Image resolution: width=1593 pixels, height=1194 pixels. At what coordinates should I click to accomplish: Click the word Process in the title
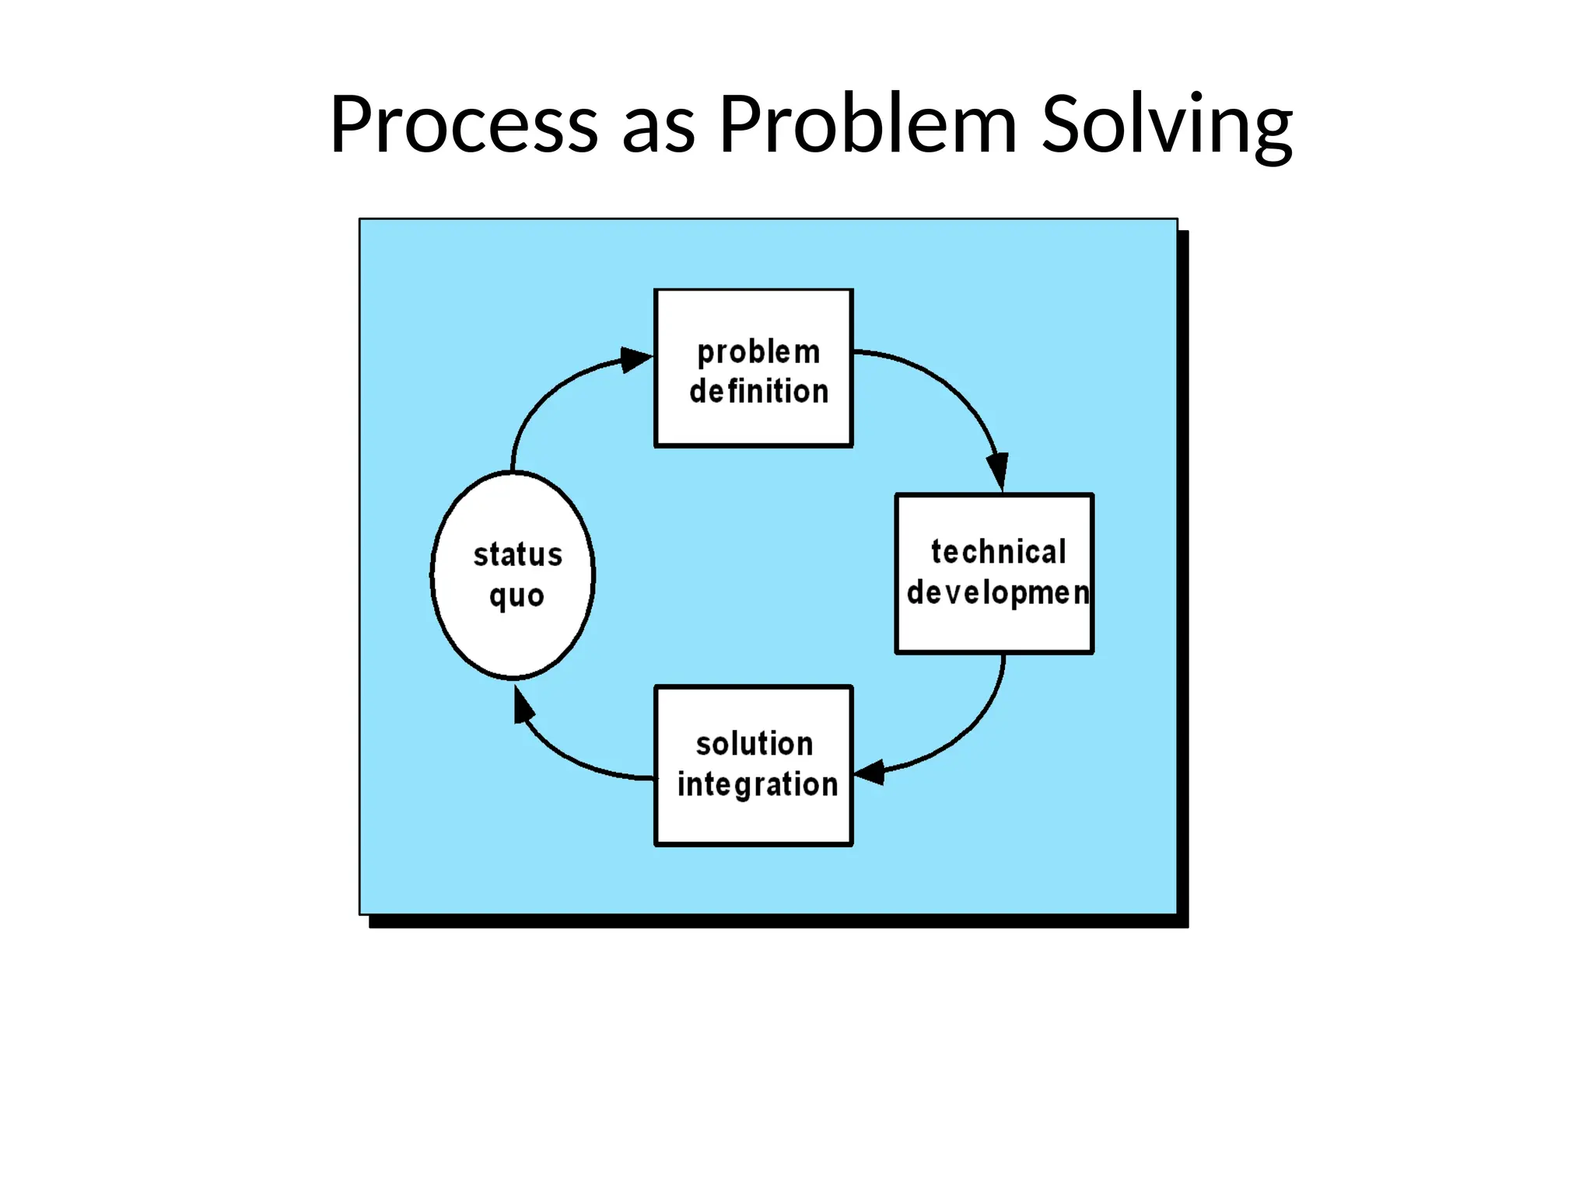click(x=464, y=124)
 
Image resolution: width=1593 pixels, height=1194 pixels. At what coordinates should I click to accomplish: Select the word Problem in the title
click(x=867, y=124)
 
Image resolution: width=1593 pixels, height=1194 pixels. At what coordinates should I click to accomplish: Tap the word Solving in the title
click(x=1167, y=124)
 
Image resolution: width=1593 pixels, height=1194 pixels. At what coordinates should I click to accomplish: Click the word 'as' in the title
click(x=658, y=128)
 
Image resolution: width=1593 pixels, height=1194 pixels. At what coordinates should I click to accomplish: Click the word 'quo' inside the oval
click(x=516, y=597)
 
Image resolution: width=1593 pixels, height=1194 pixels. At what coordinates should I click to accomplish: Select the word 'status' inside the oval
click(x=518, y=555)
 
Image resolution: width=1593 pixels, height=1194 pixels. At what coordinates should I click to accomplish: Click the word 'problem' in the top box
click(x=758, y=353)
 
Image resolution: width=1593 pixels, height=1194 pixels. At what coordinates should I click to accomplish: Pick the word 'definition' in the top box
click(x=759, y=392)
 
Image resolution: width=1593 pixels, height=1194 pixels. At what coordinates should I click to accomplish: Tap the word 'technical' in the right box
click(x=998, y=552)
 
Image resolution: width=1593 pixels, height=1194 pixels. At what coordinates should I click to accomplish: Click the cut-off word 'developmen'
click(x=998, y=593)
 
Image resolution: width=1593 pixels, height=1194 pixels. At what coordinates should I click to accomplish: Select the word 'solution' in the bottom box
click(x=754, y=744)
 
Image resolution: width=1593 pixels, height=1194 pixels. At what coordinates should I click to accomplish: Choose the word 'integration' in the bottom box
click(x=758, y=784)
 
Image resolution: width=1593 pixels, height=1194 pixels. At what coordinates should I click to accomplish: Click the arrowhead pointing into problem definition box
click(x=635, y=360)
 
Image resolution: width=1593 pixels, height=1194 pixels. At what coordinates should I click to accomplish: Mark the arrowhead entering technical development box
click(x=998, y=470)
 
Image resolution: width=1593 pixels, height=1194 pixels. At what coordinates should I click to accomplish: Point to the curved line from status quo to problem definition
click(x=541, y=405)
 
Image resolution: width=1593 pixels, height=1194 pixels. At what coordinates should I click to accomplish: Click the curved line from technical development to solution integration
click(x=972, y=731)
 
